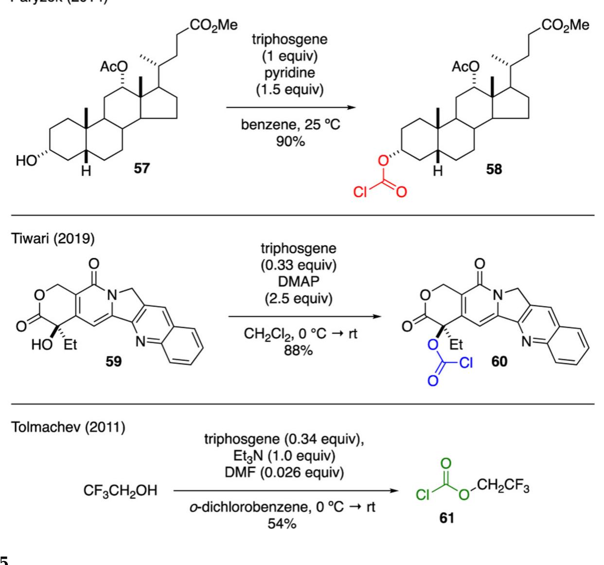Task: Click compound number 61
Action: (x=446, y=518)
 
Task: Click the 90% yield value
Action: (x=290, y=141)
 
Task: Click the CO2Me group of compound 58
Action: (x=567, y=26)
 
